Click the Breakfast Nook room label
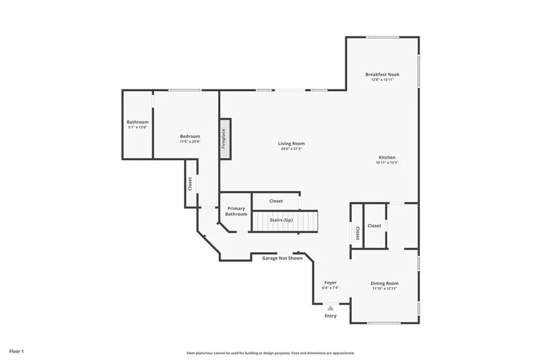pos(382,74)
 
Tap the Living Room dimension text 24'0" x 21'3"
pos(292,149)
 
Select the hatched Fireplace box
pos(225,138)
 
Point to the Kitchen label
pos(387,157)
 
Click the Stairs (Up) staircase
pos(284,221)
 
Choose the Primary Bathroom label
pos(236,211)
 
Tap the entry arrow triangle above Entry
pos(330,308)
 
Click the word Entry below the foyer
pos(330,316)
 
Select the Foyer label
pos(330,282)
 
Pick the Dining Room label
pos(384,283)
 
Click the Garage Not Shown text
pos(283,258)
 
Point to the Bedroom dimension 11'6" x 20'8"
pos(190,141)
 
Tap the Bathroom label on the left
pos(137,122)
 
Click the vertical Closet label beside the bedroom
pos(190,184)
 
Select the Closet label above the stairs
pos(276,201)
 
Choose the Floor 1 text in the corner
pos(16,351)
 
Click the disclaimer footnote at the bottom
pos(270,353)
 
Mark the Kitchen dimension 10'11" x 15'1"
pos(387,163)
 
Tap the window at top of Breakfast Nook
pos(383,37)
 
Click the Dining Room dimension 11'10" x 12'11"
pos(384,288)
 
